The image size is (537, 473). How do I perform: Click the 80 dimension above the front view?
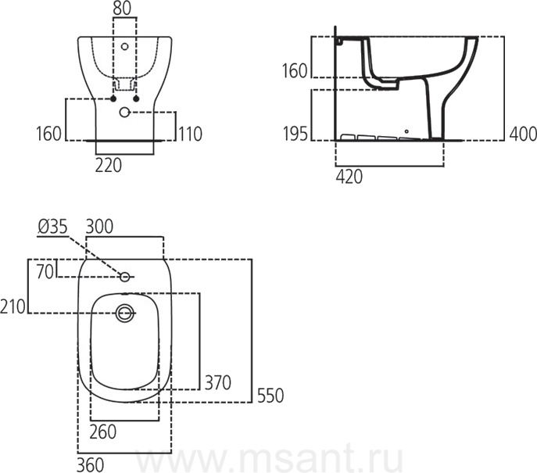[122, 9]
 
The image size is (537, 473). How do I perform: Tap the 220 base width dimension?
[108, 166]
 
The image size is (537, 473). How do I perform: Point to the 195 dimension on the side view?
[295, 133]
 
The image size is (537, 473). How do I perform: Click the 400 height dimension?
[523, 134]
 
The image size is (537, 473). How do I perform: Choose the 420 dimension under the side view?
[349, 177]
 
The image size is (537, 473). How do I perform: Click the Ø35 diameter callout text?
[52, 227]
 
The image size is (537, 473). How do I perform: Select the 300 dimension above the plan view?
[99, 227]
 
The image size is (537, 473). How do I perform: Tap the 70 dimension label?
[45, 272]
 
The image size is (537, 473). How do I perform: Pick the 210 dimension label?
[13, 306]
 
